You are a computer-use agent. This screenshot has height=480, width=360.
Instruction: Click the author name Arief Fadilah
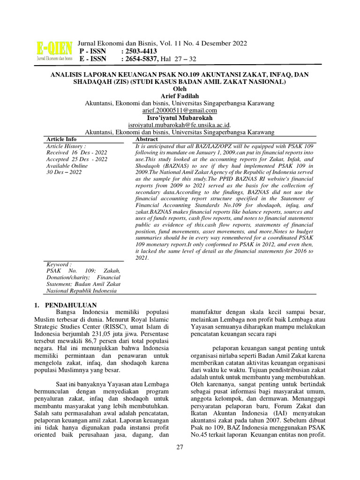coord(180,96)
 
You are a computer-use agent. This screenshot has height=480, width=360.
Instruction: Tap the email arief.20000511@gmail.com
coord(180,110)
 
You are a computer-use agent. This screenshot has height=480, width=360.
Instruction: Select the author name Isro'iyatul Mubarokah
coord(180,118)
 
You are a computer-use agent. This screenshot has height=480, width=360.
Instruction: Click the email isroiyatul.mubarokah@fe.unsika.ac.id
coord(179,125)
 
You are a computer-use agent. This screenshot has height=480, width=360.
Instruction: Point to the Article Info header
coord(61,140)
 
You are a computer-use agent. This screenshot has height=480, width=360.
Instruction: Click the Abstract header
coord(146,140)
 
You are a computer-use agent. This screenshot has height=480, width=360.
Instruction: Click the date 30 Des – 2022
coord(64,172)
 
